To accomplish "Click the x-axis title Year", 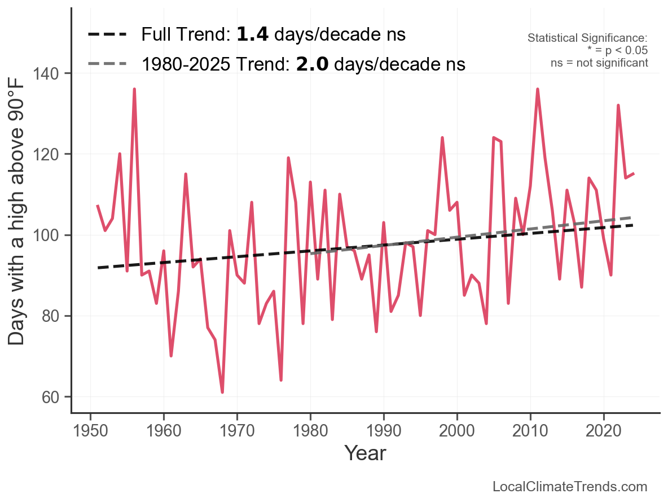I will point(365,453).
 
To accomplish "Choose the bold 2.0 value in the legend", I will point(312,64).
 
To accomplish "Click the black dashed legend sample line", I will point(107,35).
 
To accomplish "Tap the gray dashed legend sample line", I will point(107,64).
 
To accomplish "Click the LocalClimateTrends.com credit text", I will point(570,487).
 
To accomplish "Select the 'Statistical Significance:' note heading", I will point(587,38).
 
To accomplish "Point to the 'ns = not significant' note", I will point(599,63).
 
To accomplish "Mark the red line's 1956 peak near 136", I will point(134,89).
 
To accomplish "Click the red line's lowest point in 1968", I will point(222,392).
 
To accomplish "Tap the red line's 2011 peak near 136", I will point(538,89).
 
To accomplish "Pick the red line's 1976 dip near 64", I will point(281,380).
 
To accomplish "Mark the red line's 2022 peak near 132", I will point(618,106).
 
